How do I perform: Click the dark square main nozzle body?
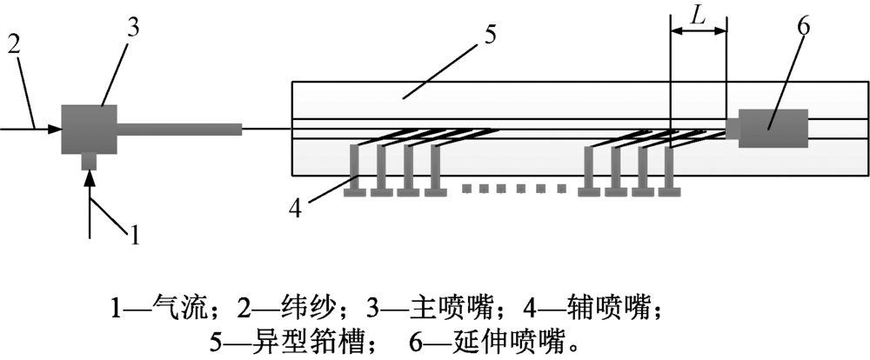pyautogui.click(x=89, y=129)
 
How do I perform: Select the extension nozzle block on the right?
pyautogui.click(x=773, y=129)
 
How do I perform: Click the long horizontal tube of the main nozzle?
pyautogui.click(x=179, y=130)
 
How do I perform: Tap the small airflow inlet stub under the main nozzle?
pyautogui.click(x=89, y=162)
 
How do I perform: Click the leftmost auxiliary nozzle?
pyautogui.click(x=355, y=170)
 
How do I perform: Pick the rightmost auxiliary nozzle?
pyautogui.click(x=671, y=170)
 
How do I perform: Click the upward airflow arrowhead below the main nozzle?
pyautogui.click(x=89, y=177)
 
